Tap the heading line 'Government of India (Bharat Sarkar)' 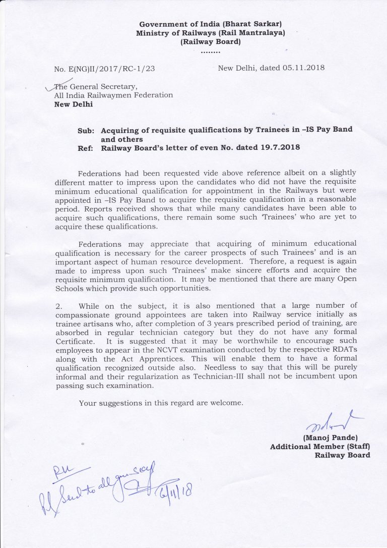click(x=211, y=24)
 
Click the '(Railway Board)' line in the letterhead click(x=211, y=42)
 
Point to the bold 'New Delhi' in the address click(x=74, y=105)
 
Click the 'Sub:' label click(x=86, y=131)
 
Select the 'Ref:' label click(x=86, y=149)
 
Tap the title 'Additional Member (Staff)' click(x=320, y=447)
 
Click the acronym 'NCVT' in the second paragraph click(x=201, y=350)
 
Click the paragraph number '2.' click(x=58, y=306)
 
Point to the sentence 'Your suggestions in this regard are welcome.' click(x=161, y=403)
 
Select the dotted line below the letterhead click(x=210, y=51)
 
